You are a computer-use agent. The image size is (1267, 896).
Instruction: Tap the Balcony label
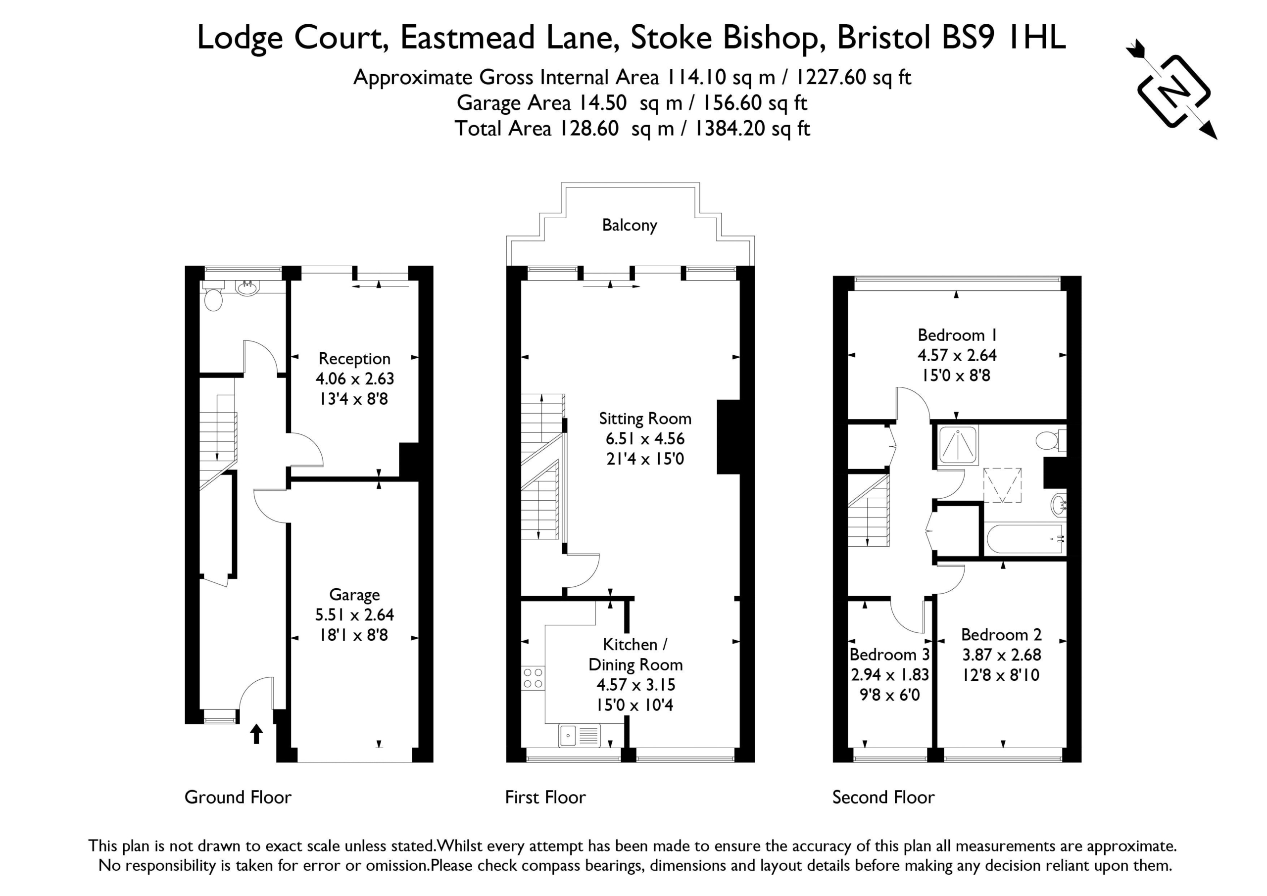coord(630,225)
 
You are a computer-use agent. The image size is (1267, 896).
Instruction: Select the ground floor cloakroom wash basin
coord(246,287)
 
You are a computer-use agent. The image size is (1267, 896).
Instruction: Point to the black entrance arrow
coord(256,734)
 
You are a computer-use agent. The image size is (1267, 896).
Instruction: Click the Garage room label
coord(354,595)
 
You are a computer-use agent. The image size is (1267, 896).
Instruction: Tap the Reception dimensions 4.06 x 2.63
coord(355,378)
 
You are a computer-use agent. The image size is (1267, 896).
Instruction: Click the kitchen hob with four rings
coord(533,678)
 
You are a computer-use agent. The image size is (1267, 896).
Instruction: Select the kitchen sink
coord(580,735)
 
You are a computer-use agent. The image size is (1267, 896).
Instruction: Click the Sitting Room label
coord(645,419)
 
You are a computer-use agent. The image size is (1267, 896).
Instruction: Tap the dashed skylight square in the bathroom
coord(1003,485)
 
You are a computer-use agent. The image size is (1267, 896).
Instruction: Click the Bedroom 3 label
coord(889,655)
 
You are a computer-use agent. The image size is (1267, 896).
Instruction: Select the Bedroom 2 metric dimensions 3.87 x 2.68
coord(1002,655)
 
